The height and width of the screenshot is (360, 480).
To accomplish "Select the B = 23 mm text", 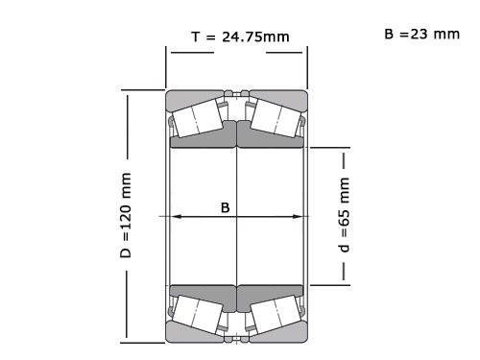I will point(421,35).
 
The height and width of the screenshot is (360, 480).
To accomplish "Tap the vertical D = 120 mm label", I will point(126,219).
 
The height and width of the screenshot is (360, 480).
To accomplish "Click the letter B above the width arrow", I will point(225,206).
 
